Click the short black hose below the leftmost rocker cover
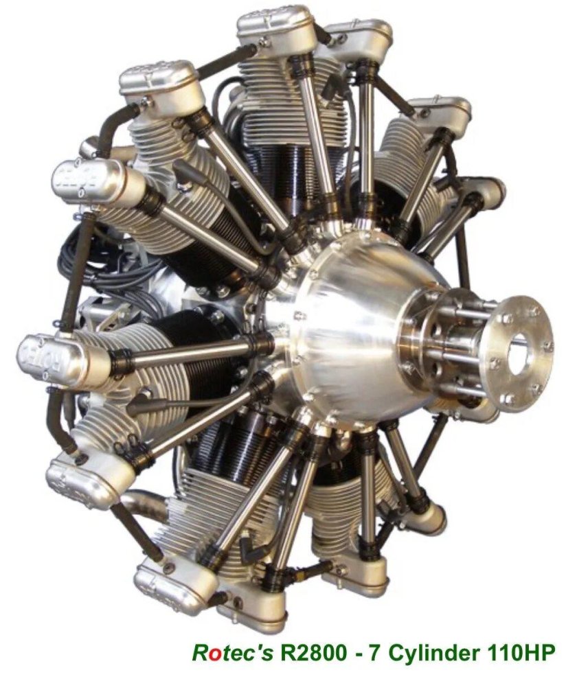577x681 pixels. tap(55, 419)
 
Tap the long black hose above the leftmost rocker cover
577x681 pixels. tap(72, 275)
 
